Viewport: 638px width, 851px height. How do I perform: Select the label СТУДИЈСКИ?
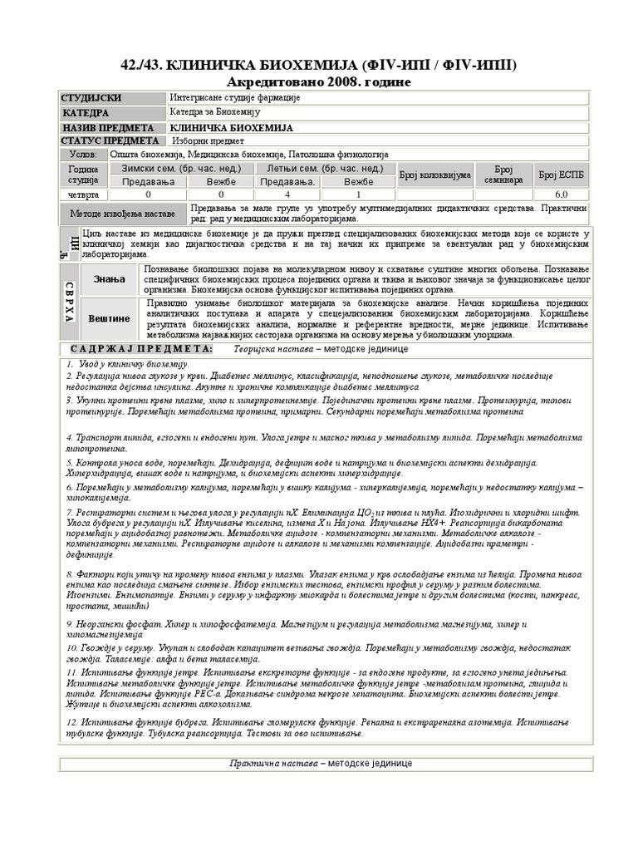(91, 99)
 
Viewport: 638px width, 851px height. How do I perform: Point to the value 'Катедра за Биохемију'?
(215, 113)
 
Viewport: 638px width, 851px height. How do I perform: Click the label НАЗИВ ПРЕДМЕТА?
(108, 128)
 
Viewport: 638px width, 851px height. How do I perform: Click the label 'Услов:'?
(82, 155)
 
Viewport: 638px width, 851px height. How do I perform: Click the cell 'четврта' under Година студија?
(83, 194)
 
